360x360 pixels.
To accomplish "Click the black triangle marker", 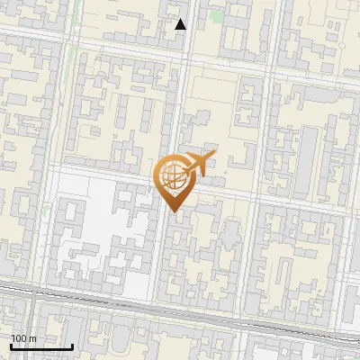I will point(181,24).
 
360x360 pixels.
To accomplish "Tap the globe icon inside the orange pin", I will point(174,176).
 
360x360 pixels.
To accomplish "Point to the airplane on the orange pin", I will point(198,163).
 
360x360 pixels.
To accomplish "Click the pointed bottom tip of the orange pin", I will point(175,211).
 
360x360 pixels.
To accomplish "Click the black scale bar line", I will point(41,346).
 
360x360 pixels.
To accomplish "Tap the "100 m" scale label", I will point(23,338).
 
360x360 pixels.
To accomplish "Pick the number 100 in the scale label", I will point(19,338).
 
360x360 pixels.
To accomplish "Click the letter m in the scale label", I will point(32,338).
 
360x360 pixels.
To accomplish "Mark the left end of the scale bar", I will point(10,346).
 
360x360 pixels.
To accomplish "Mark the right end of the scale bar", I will point(73,346).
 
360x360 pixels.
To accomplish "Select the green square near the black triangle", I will point(216,16).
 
